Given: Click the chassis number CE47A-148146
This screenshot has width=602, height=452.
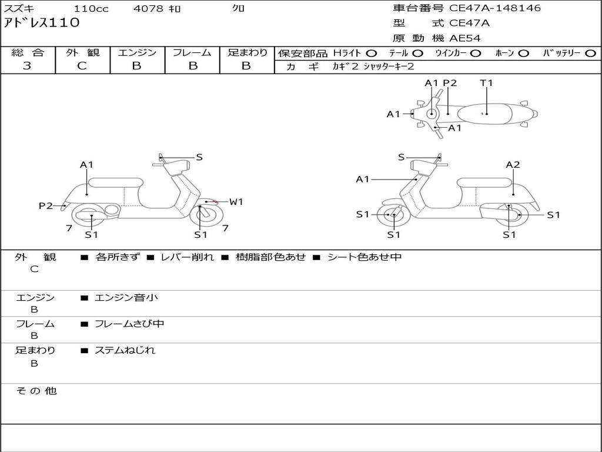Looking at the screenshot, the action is tap(495, 8).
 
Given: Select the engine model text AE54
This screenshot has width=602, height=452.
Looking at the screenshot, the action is tap(465, 38).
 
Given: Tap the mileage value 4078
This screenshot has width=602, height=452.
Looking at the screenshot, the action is tap(149, 9).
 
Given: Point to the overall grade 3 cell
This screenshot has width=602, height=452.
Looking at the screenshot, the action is tap(27, 66).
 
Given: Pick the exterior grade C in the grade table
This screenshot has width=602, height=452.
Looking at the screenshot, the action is tap(82, 66).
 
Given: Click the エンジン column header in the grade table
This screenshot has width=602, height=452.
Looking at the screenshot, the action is tap(137, 53).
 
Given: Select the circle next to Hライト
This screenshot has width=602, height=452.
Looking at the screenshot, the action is tap(372, 53).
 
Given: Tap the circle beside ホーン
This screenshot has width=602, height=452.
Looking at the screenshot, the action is tap(523, 53).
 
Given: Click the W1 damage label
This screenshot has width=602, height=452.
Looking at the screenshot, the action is tap(236, 202).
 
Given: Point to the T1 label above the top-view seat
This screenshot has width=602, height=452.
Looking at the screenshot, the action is tap(486, 83).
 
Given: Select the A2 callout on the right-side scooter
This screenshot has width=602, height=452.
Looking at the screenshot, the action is tap(513, 165).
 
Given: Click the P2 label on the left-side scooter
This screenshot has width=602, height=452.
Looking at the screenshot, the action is tap(46, 205).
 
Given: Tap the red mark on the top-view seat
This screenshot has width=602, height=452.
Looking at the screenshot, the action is tap(483, 113).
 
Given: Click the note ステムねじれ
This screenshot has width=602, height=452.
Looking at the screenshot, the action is tap(125, 350).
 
